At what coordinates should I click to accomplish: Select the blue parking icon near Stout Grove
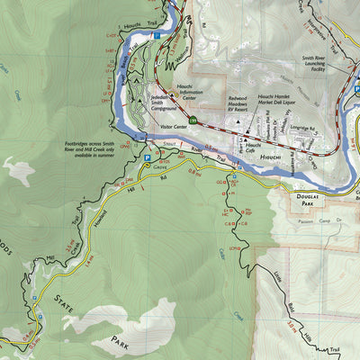click(x=147, y=157)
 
